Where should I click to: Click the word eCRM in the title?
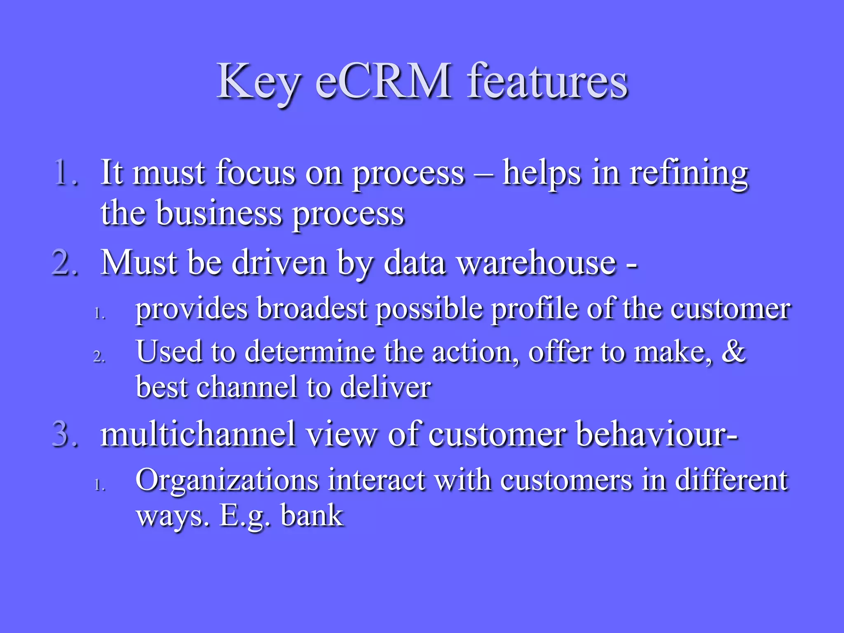click(383, 81)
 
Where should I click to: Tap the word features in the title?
click(547, 81)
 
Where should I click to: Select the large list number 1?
click(66, 172)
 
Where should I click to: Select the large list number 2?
click(66, 263)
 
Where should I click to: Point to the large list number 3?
click(66, 434)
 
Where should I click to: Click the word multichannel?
click(198, 434)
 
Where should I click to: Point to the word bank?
click(312, 516)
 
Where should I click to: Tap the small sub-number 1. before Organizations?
click(99, 485)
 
